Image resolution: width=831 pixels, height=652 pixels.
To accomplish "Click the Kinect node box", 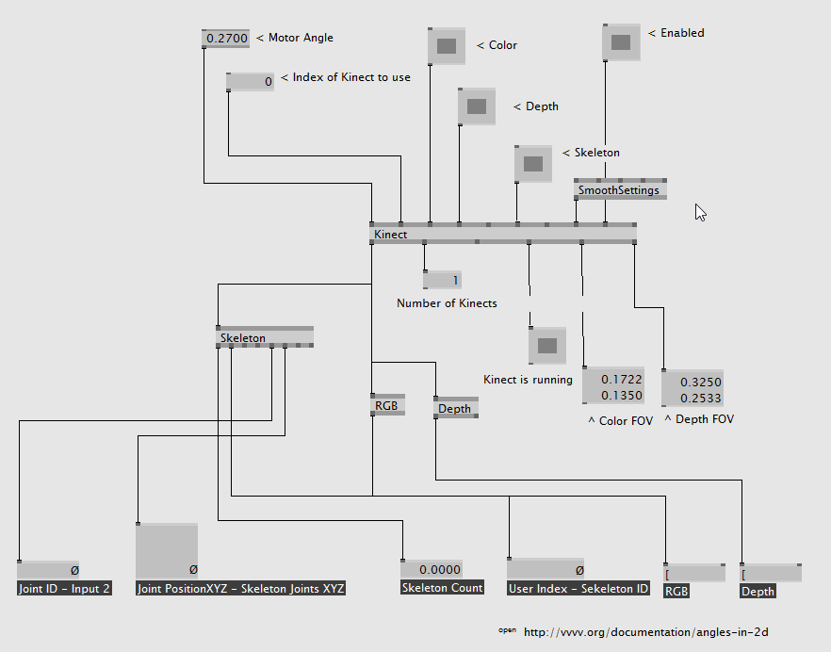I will point(502,234).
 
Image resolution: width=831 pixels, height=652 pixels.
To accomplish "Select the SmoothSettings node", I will point(620,189).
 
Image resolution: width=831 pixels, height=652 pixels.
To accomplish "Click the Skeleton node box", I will point(265,337).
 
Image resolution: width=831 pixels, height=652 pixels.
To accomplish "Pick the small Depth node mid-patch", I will point(456,408).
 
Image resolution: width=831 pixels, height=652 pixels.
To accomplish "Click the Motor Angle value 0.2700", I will point(225,39).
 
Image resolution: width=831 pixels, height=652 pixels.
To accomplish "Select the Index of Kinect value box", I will point(251,82).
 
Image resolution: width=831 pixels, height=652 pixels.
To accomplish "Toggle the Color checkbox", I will point(447,45).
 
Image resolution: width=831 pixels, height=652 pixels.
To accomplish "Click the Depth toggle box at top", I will point(477,106).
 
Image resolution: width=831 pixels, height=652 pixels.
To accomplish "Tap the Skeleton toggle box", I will point(533,163).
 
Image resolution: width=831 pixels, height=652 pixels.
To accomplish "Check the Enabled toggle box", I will point(621,41).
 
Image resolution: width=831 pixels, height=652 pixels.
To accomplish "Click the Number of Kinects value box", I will point(443,280).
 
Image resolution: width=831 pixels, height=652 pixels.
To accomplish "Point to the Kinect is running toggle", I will point(546,345).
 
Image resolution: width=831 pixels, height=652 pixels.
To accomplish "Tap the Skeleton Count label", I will point(443,588).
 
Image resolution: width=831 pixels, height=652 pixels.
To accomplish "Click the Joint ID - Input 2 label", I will point(65,589).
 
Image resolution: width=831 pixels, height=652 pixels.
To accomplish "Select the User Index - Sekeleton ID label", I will point(578,589).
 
